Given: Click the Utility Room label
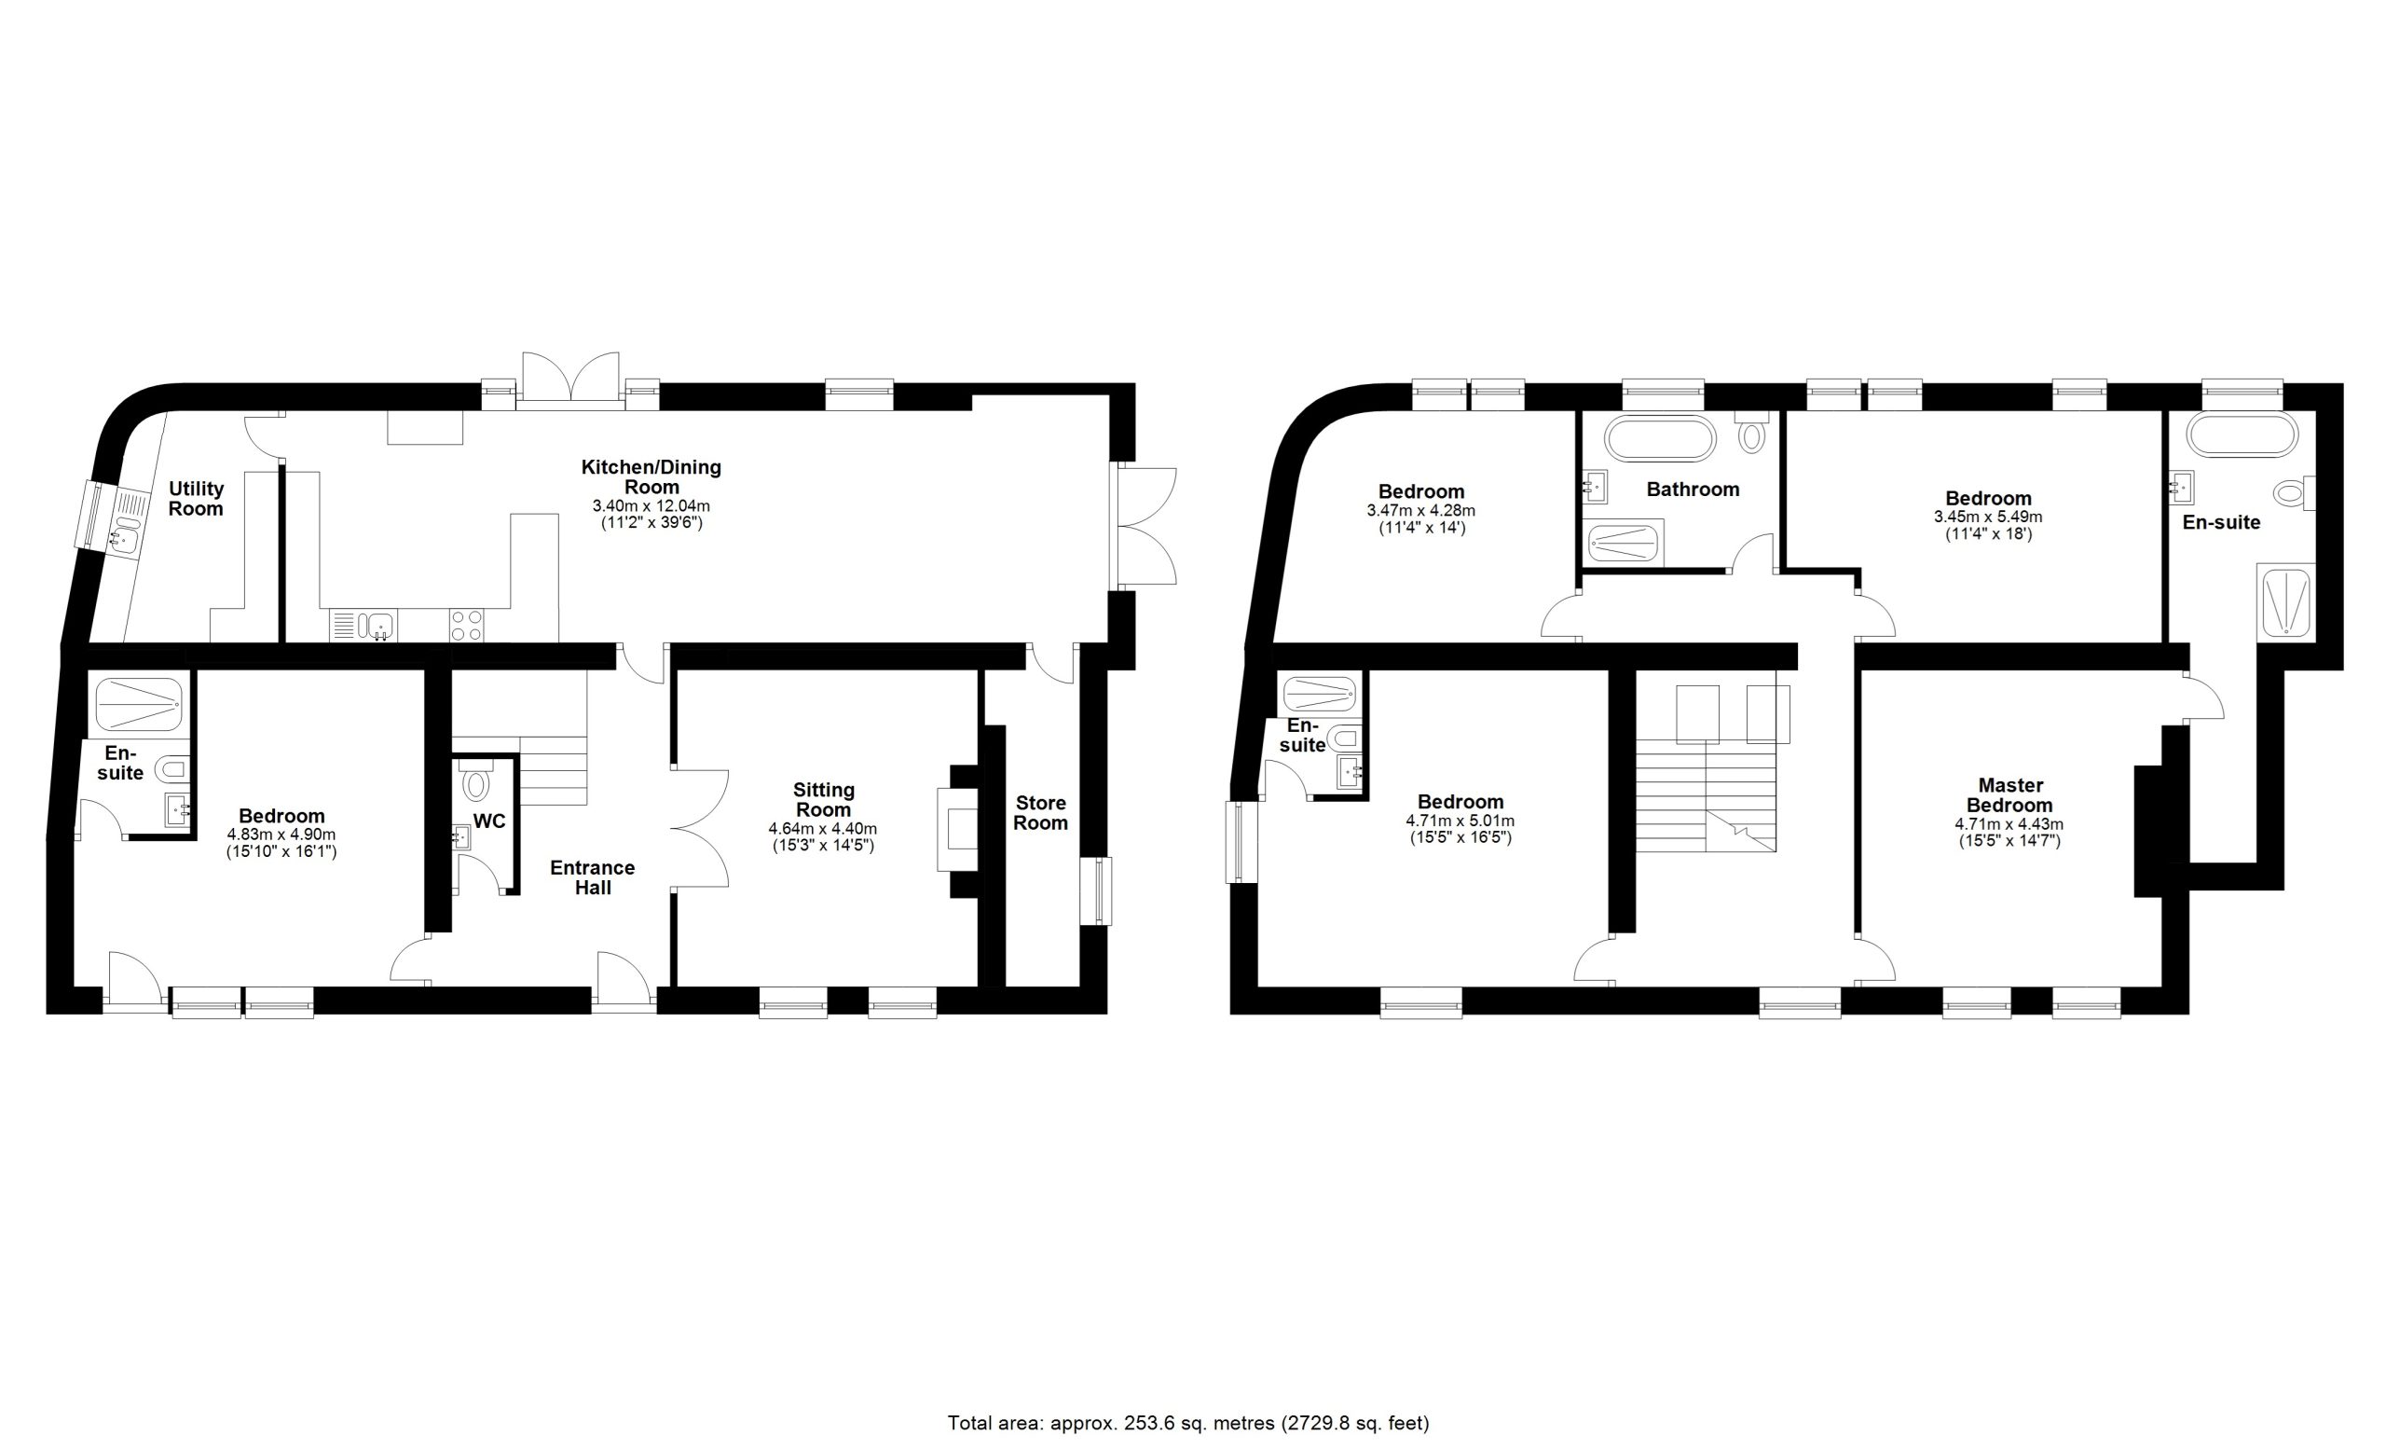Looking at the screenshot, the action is click(196, 499).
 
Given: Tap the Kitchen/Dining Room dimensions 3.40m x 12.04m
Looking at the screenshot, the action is click(651, 506).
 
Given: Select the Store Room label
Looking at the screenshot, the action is click(1041, 813).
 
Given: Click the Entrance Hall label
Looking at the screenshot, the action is click(593, 877).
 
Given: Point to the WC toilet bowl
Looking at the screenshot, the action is click(475, 780).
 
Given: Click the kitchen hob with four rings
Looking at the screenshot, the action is click(467, 625).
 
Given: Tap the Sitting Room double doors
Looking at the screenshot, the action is click(699, 828).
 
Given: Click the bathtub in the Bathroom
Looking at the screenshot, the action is click(1660, 438).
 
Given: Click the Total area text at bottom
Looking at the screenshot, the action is click(1188, 1423).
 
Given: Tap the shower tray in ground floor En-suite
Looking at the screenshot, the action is click(141, 704).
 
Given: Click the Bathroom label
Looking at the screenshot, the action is click(1693, 490).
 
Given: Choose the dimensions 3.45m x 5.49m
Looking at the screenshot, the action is click(1988, 517).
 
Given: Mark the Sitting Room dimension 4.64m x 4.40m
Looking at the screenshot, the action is click(823, 829).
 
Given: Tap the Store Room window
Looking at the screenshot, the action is click(1096, 891).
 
